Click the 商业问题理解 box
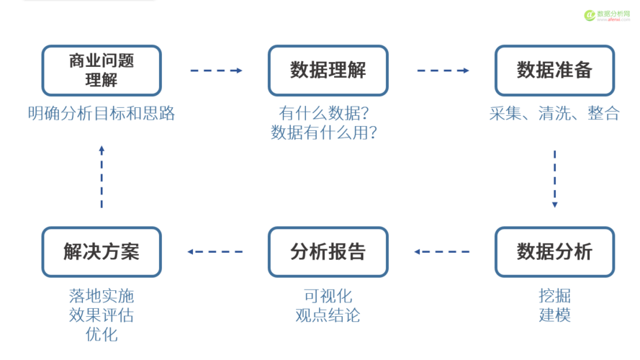102,71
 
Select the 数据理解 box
328,71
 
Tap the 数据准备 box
554,71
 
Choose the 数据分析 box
554,252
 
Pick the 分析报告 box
328,252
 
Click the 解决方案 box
102,252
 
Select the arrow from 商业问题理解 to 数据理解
216,71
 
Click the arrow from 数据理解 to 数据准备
443,71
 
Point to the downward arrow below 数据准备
554,179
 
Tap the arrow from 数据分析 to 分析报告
441,252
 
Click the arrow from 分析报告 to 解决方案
215,252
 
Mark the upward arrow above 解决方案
102,176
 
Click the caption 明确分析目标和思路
102,114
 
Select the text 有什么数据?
329,114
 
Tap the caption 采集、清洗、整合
554,114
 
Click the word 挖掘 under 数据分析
554,296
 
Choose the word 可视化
328,296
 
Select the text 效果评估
102,315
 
